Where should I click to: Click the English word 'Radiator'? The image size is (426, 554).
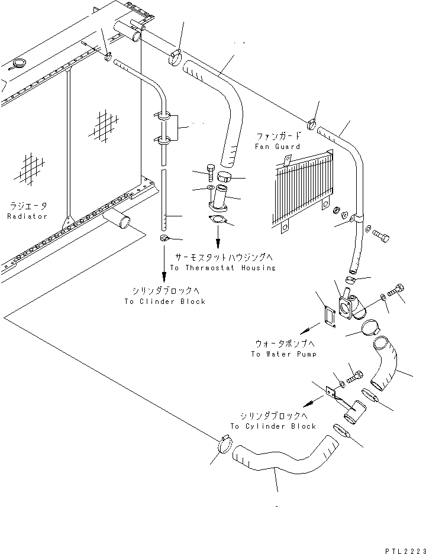click(x=27, y=217)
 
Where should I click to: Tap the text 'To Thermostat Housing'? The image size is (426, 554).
click(x=222, y=268)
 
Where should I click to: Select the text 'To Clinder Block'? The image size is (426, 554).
click(x=164, y=302)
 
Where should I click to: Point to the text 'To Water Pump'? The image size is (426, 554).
click(x=283, y=354)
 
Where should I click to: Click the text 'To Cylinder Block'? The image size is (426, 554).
click(x=273, y=426)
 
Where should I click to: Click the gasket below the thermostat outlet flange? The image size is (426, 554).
click(x=218, y=221)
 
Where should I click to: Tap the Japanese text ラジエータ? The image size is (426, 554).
click(x=27, y=206)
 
